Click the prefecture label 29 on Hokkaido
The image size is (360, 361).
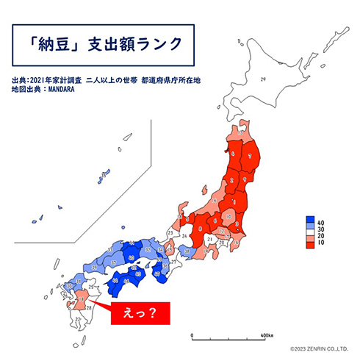(262, 79)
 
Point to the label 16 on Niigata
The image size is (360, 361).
(213, 199)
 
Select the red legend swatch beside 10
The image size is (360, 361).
(310, 241)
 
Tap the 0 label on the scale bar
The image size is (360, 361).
(191, 335)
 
